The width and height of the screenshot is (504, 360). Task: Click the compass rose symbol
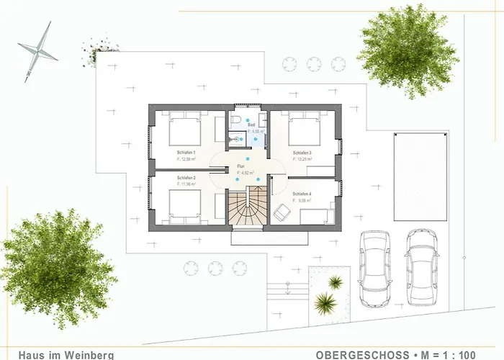(37, 49)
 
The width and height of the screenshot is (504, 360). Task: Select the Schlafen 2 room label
(186, 177)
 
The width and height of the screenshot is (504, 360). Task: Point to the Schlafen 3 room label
(302, 153)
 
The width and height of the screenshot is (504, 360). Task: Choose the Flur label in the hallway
(241, 167)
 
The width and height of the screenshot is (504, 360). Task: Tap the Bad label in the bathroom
(252, 125)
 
